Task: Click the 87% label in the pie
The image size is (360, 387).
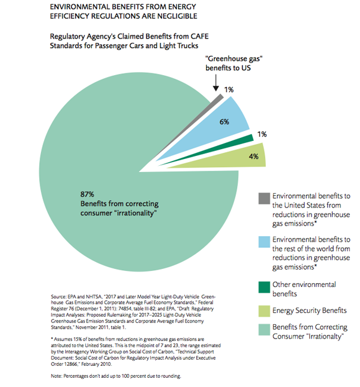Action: [87, 194]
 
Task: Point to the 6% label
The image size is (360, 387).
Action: [225, 122]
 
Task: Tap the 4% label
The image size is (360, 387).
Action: [253, 157]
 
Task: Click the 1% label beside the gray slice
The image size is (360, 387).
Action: [229, 89]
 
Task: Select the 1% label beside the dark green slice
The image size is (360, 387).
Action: [262, 134]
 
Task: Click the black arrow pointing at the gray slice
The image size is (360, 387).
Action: [216, 83]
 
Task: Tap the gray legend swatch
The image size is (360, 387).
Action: [264, 198]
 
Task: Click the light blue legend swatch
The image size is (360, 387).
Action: [264, 242]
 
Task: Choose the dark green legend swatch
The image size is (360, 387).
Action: [264, 287]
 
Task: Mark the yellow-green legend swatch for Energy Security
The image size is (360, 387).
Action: [264, 311]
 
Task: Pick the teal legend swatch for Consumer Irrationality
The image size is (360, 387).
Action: [264, 330]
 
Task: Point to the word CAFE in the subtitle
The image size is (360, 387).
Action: [199, 36]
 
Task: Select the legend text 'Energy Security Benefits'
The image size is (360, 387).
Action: [310, 311]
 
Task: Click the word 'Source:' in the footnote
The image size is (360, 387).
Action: [59, 296]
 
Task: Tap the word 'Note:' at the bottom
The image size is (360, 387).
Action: [56, 376]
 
